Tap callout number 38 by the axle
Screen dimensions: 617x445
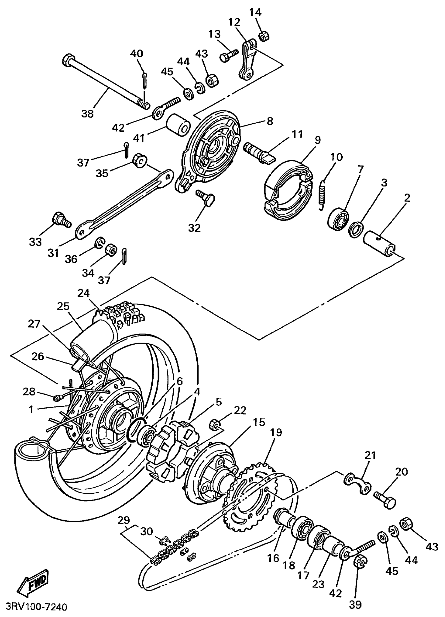click(x=87, y=113)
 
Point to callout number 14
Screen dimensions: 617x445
click(x=255, y=13)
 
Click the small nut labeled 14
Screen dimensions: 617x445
click(x=263, y=36)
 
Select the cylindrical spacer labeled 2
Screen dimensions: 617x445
click(x=380, y=243)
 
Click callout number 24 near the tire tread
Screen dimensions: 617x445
click(x=83, y=293)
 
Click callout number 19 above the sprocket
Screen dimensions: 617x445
click(x=276, y=432)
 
